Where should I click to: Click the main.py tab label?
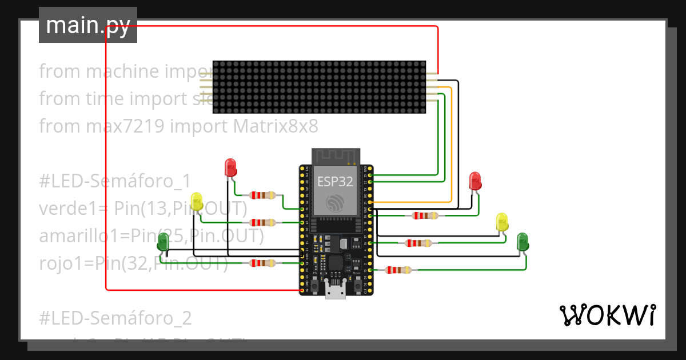(87, 25)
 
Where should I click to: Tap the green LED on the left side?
(163, 242)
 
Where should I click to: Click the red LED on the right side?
(475, 181)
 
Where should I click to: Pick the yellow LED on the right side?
(502, 222)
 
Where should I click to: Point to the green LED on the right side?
(523, 242)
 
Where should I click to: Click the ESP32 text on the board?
(336, 182)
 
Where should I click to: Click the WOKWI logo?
(607, 315)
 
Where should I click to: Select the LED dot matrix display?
(319, 87)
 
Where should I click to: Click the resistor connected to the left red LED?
(264, 195)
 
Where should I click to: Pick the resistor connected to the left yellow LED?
(264, 222)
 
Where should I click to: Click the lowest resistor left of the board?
(262, 263)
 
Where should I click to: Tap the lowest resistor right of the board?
(398, 270)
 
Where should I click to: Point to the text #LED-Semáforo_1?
(114, 181)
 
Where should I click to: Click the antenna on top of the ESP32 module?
(336, 155)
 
